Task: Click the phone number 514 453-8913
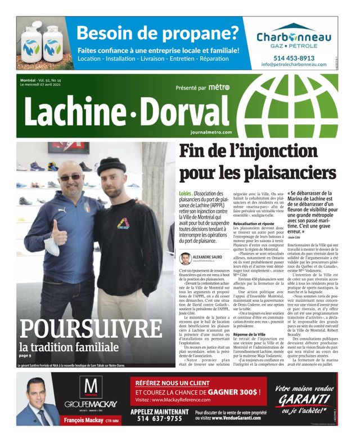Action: (x=294, y=57)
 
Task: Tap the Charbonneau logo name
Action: (x=294, y=37)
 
